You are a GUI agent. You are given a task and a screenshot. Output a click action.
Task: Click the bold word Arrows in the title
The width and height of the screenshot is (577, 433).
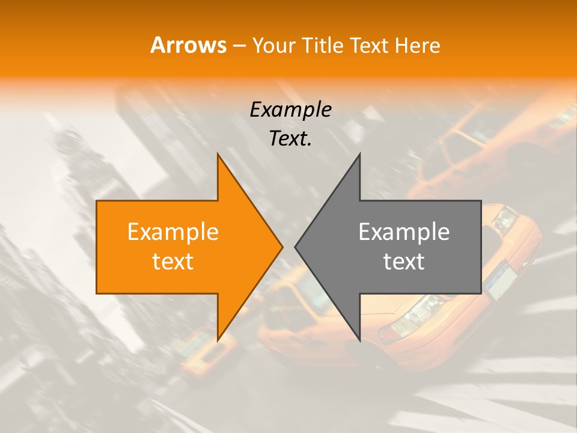tap(189, 45)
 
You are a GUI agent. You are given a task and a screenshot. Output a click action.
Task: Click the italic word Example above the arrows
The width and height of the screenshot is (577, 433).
tap(290, 109)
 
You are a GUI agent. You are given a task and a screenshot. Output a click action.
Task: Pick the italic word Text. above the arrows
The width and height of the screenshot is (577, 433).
tap(290, 138)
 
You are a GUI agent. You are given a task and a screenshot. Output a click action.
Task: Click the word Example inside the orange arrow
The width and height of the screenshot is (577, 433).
tap(173, 232)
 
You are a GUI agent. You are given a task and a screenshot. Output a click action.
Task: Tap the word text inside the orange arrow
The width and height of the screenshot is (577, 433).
tap(173, 262)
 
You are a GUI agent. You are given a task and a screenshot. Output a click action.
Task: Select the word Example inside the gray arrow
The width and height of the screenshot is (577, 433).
tap(404, 232)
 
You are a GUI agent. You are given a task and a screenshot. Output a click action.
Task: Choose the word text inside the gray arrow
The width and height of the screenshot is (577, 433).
tap(404, 262)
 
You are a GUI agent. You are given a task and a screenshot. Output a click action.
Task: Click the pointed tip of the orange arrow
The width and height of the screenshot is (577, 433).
tap(282, 247)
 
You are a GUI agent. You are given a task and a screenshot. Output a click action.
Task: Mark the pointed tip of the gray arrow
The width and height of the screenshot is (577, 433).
tap(295, 247)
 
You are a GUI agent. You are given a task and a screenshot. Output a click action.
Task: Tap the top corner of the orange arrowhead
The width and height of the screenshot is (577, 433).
tap(218, 155)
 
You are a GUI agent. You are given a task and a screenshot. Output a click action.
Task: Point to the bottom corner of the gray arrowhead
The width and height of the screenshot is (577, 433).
tap(359, 340)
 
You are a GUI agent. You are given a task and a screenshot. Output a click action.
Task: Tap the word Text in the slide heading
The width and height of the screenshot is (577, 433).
tap(368, 45)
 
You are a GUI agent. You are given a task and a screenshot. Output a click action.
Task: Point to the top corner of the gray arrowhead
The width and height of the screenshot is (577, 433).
tap(359, 155)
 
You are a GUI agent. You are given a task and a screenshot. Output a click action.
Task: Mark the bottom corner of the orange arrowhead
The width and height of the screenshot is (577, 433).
tap(218, 340)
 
